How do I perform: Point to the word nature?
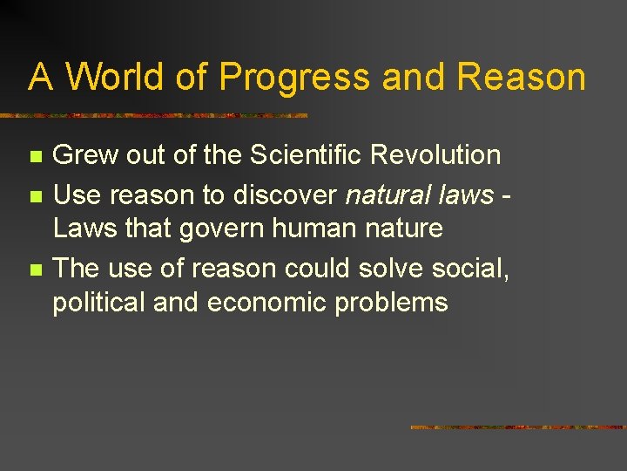click(x=399, y=229)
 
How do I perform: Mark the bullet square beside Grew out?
click(x=34, y=157)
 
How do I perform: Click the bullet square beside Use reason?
click(x=34, y=195)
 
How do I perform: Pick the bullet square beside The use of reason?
click(x=34, y=269)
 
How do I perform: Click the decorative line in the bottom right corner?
click(x=517, y=427)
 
